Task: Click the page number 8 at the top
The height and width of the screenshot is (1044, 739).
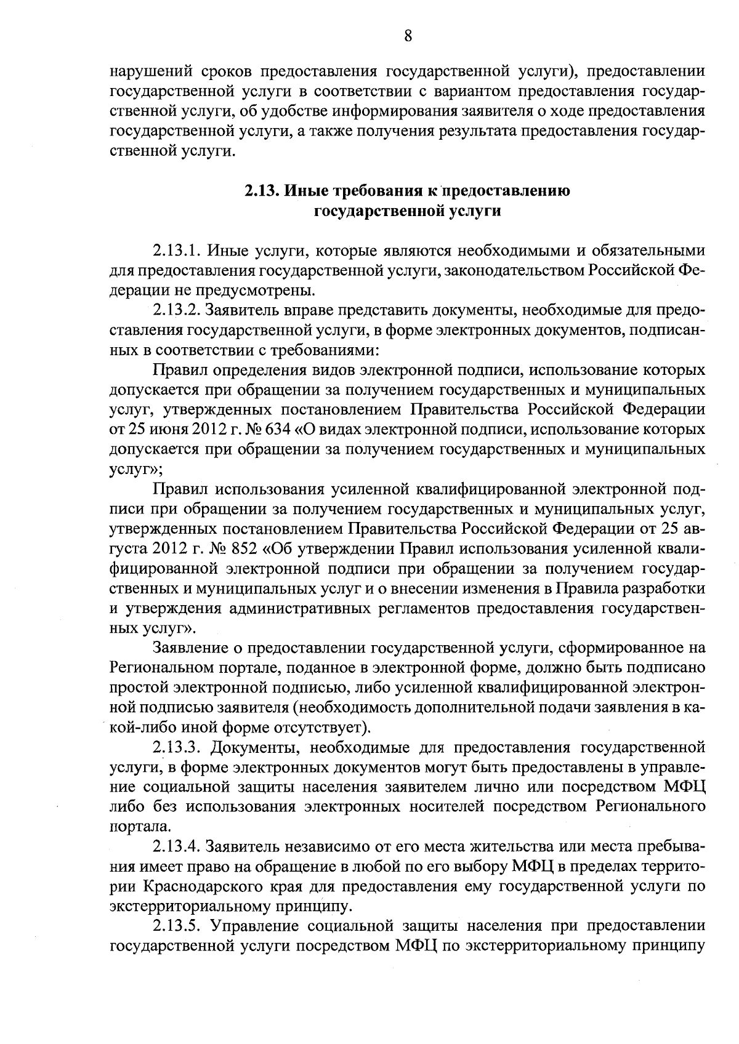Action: point(408,36)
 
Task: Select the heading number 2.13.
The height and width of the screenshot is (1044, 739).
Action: point(262,191)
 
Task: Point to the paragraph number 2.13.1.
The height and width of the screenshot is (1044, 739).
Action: point(177,251)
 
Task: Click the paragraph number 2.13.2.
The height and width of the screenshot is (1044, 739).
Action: point(177,311)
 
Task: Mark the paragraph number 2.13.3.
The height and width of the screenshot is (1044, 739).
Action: point(177,747)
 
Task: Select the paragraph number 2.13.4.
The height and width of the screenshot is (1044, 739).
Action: point(177,847)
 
